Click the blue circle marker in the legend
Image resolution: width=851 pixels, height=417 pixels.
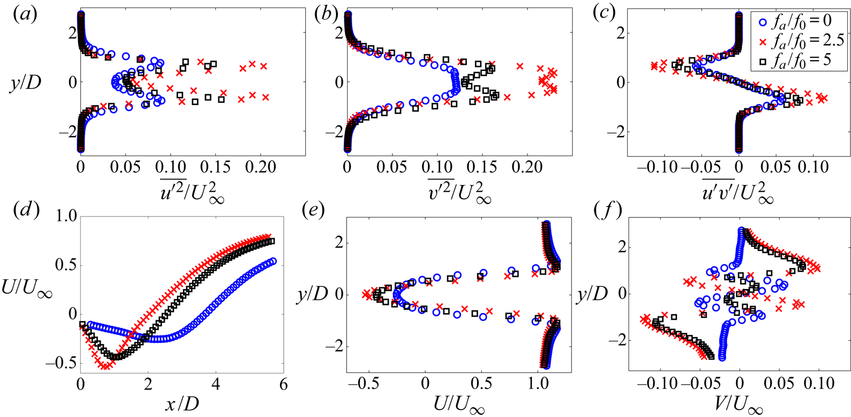762,23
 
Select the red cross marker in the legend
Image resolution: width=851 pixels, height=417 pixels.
762,41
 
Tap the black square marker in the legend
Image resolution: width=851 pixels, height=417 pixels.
762,60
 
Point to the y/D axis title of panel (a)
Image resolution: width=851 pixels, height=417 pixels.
25,83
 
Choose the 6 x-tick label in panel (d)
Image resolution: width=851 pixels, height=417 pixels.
283,385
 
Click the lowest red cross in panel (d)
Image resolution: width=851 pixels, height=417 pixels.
106,366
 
